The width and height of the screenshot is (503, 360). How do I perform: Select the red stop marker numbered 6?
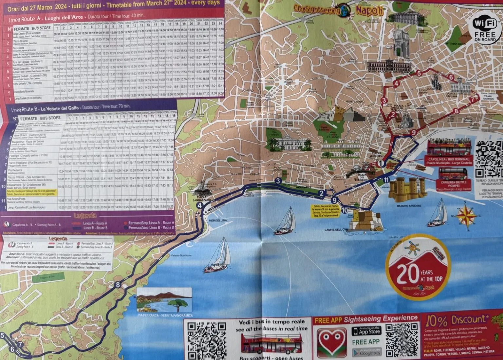[x=451, y=78]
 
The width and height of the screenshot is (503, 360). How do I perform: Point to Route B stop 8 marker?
[x=118, y=284]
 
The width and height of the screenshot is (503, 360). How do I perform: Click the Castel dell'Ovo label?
[x=336, y=230]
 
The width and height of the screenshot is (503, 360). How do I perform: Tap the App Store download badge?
[x=366, y=331]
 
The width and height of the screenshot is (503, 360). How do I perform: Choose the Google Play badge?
[x=366, y=352]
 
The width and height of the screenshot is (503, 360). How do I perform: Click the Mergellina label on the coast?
[x=218, y=220]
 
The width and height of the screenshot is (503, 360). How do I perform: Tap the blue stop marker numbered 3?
[x=278, y=181]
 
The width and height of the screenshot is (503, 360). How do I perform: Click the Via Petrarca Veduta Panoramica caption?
[x=165, y=315]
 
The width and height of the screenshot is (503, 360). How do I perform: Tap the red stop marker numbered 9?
[x=414, y=132]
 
